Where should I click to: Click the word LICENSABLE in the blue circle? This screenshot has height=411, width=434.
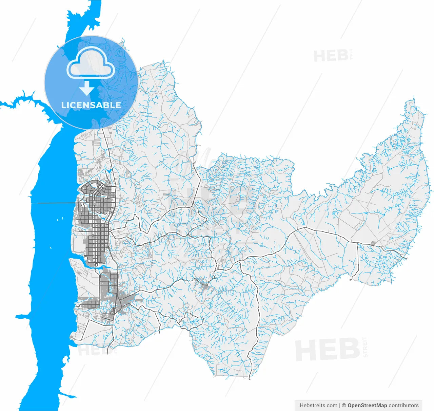pyautogui.click(x=91, y=105)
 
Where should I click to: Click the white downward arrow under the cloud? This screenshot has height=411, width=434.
pyautogui.click(x=87, y=88)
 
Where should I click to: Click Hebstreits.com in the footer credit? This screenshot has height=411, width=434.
pyautogui.click(x=318, y=405)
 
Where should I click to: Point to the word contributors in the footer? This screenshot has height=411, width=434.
pyautogui.click(x=403, y=405)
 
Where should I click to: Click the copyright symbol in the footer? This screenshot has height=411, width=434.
pyautogui.click(x=344, y=405)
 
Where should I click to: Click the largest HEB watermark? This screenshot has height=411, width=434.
pyautogui.click(x=327, y=350)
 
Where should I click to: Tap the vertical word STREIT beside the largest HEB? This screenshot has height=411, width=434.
pyautogui.click(x=365, y=347)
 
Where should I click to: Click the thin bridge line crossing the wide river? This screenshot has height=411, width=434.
pyautogui.click(x=54, y=203)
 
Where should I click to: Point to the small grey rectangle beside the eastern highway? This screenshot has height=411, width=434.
pyautogui.click(x=373, y=243)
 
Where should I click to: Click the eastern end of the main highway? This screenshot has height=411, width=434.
pyautogui.click(x=406, y=258)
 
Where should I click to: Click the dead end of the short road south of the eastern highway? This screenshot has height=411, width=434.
pyautogui.click(x=351, y=280)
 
